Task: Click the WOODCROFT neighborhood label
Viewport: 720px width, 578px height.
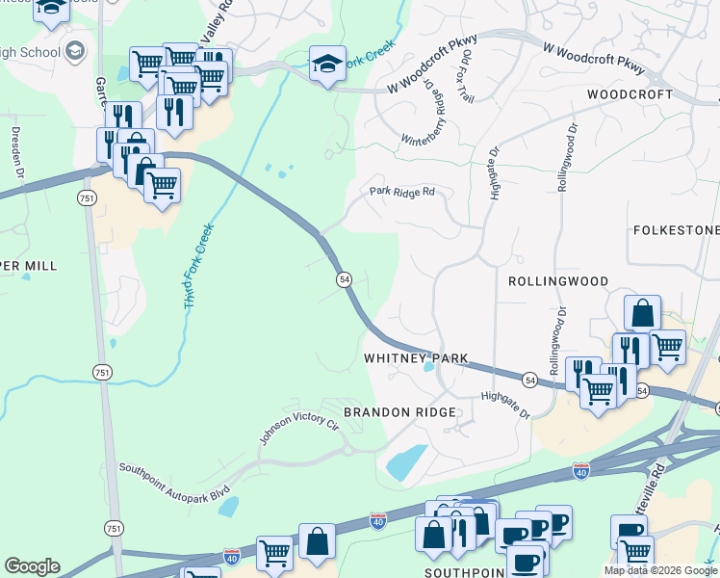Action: pos(630,95)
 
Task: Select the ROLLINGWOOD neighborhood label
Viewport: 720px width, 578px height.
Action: pos(558,281)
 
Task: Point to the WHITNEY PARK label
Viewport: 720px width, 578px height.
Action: pos(415,358)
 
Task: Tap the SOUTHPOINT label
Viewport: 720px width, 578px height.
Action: pos(466,571)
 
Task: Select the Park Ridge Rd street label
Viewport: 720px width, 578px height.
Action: pos(402,192)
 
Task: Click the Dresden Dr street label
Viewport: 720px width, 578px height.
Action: pos(16,150)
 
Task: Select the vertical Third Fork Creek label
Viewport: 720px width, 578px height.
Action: pos(196,267)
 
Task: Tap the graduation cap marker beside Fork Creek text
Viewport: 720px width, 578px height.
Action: pos(327,64)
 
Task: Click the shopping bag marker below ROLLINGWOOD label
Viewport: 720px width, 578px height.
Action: pos(642,313)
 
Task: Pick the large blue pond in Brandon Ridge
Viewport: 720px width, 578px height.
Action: pos(408,461)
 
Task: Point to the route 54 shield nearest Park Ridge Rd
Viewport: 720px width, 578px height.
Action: pos(343,278)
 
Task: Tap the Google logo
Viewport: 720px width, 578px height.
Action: pos(33,566)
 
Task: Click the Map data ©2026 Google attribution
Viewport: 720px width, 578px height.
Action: pos(659,570)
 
